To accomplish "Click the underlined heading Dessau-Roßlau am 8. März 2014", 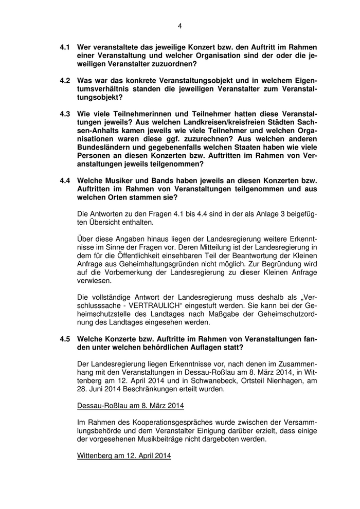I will click(130, 406).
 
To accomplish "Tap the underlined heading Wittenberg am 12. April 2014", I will click(124, 456).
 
